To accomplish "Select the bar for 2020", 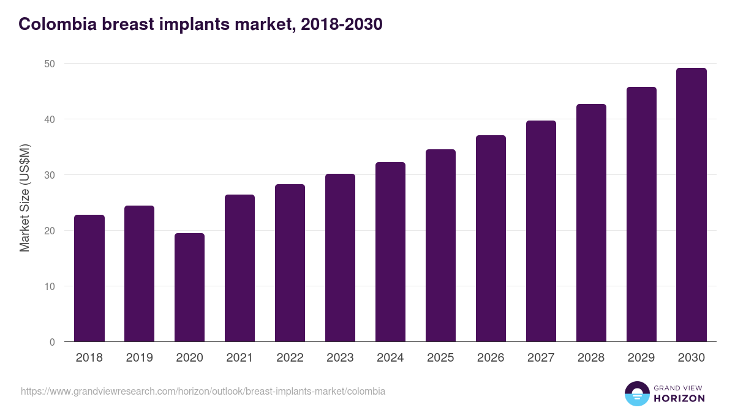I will pos(189,288).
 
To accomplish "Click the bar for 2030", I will pos(692,205).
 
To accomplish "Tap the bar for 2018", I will pos(89,278).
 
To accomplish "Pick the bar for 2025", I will pos(440,245).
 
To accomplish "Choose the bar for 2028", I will pos(591,223).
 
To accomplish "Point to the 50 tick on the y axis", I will pos(50,64).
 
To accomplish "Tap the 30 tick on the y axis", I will pos(50,175).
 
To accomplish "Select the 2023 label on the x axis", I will pos(340,358).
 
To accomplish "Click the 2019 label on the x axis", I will pos(139,358).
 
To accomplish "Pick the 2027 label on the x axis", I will pos(541,358).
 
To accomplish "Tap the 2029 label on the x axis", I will pos(641,358).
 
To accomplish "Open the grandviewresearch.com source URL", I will pos(203,391).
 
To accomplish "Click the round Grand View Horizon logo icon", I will pos(636,393).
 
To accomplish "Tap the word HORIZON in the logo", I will pos(679,398).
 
